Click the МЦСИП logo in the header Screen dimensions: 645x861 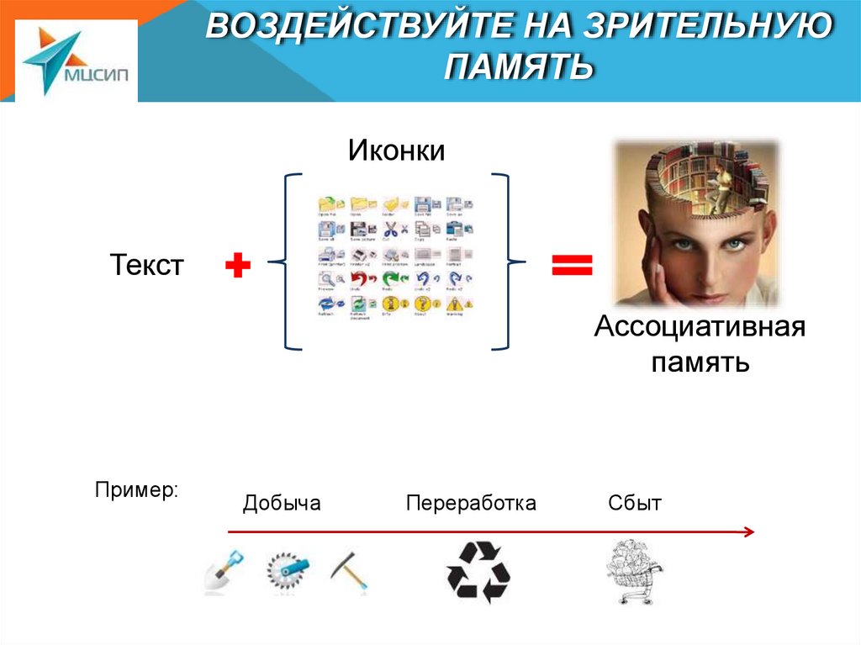click(x=76, y=61)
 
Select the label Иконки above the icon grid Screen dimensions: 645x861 click(x=396, y=151)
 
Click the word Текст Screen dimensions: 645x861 click(x=146, y=267)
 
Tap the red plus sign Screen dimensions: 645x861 click(x=238, y=267)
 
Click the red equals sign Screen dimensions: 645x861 click(x=572, y=267)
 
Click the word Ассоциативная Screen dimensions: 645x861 click(x=700, y=327)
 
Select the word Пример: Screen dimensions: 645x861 click(x=136, y=489)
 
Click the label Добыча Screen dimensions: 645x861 click(x=282, y=504)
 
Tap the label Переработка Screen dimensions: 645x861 click(x=471, y=504)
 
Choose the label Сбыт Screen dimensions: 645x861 click(x=635, y=504)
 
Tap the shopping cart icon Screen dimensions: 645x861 click(x=633, y=572)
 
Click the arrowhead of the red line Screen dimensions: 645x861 click(x=748, y=531)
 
